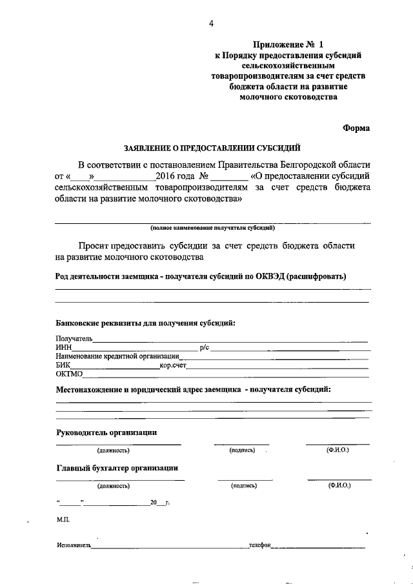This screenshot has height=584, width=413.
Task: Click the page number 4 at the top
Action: [211, 24]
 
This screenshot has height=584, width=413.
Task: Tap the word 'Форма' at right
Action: [356, 128]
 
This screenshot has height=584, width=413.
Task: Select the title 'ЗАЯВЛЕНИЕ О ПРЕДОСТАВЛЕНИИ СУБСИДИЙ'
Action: [212, 146]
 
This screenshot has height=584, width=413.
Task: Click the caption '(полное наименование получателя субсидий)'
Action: [213, 228]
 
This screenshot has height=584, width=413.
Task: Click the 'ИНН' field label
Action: [63, 348]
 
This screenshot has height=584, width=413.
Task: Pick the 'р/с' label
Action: [205, 348]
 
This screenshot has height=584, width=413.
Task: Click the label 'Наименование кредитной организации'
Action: [117, 356]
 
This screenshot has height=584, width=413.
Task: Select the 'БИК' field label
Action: [63, 365]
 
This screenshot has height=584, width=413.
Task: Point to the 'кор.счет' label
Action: [172, 365]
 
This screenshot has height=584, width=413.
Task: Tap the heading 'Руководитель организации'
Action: [106, 432]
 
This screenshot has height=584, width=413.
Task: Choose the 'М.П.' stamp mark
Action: [63, 519]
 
